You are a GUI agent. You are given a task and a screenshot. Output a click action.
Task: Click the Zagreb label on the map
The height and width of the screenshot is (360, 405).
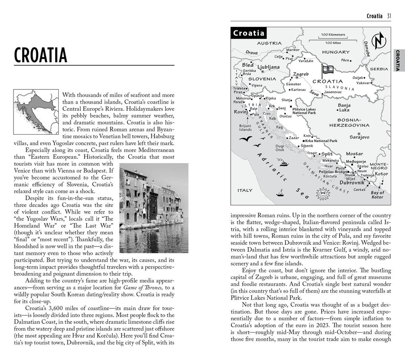coord(301,74)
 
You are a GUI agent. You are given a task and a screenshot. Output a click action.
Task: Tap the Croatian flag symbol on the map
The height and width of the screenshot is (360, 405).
coord(327,70)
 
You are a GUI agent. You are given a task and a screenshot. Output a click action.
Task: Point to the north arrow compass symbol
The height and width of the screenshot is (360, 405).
coord(378,41)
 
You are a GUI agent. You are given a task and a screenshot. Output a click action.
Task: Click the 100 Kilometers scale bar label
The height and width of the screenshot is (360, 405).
coord(333,35)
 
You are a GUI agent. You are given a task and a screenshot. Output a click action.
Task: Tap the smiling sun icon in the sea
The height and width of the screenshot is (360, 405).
coord(322,194)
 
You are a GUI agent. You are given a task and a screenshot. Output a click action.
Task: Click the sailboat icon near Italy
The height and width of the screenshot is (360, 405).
coord(280,193)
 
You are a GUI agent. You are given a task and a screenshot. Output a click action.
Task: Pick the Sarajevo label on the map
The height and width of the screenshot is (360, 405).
coord(359,137)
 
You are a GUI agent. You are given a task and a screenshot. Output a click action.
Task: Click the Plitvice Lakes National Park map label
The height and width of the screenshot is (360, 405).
coord(304,111)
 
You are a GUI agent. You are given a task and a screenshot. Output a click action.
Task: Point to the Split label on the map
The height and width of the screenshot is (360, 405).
coord(327,154)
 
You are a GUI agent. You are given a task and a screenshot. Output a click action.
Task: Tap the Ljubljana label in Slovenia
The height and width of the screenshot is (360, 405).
coord(268,67)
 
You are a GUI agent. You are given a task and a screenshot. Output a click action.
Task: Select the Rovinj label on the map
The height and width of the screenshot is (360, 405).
coord(241,112)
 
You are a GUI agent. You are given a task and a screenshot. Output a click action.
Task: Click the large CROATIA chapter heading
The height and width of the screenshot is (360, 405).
coord(40,55)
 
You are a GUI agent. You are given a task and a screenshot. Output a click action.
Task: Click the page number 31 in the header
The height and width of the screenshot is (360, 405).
coord(389,16)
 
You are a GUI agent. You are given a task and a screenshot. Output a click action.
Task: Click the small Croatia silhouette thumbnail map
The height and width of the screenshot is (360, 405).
coord(36,112)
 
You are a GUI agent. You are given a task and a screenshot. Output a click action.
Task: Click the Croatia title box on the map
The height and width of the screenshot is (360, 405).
coord(249,33)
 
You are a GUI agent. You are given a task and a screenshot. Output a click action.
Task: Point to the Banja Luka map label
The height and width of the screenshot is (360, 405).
coord(343,108)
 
